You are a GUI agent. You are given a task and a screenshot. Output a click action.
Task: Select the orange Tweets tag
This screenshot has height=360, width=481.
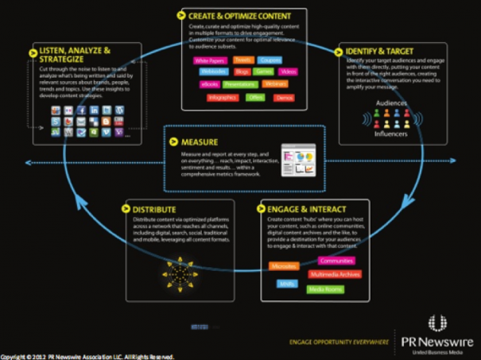243,60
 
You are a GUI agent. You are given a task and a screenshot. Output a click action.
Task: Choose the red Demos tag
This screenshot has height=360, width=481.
284,98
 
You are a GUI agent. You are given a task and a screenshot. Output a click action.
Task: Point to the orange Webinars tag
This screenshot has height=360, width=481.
275,83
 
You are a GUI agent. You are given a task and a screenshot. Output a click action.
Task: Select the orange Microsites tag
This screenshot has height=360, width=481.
284,266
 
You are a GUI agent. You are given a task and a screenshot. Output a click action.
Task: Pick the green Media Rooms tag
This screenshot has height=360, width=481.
325,289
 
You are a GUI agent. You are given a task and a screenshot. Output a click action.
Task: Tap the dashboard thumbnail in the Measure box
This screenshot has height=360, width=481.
297,161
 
